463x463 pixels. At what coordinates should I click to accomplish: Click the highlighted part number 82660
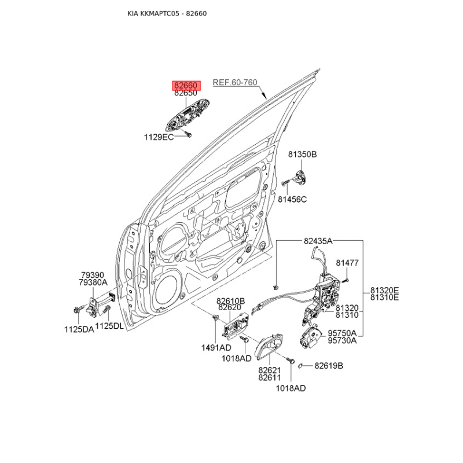pyautogui.click(x=186, y=85)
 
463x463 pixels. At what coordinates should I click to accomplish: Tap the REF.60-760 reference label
pyautogui.click(x=235, y=82)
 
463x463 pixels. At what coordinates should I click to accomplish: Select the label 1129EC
pyautogui.click(x=159, y=137)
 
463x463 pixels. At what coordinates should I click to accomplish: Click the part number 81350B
pyautogui.click(x=302, y=155)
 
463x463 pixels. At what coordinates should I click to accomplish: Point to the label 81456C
pyautogui.click(x=292, y=199)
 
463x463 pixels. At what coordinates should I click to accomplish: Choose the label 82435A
pyautogui.click(x=318, y=241)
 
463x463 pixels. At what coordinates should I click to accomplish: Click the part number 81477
pyautogui.click(x=347, y=263)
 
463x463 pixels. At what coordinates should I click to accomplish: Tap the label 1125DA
pyautogui.click(x=79, y=329)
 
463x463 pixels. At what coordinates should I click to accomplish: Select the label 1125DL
pyautogui.click(x=109, y=326)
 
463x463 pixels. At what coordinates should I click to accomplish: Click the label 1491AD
pyautogui.click(x=216, y=348)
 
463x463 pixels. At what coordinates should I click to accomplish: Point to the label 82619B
pyautogui.click(x=329, y=366)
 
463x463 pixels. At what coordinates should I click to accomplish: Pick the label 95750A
pyautogui.click(x=342, y=333)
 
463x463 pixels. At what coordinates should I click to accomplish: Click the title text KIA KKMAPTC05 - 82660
pyautogui.click(x=167, y=13)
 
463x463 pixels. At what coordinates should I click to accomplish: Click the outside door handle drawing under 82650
pyautogui.click(x=188, y=115)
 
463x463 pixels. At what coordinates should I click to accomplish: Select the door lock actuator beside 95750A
pyautogui.click(x=310, y=337)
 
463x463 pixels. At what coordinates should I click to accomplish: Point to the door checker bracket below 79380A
pyautogui.click(x=93, y=307)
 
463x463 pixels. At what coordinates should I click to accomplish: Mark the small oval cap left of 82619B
pyautogui.click(x=300, y=366)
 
